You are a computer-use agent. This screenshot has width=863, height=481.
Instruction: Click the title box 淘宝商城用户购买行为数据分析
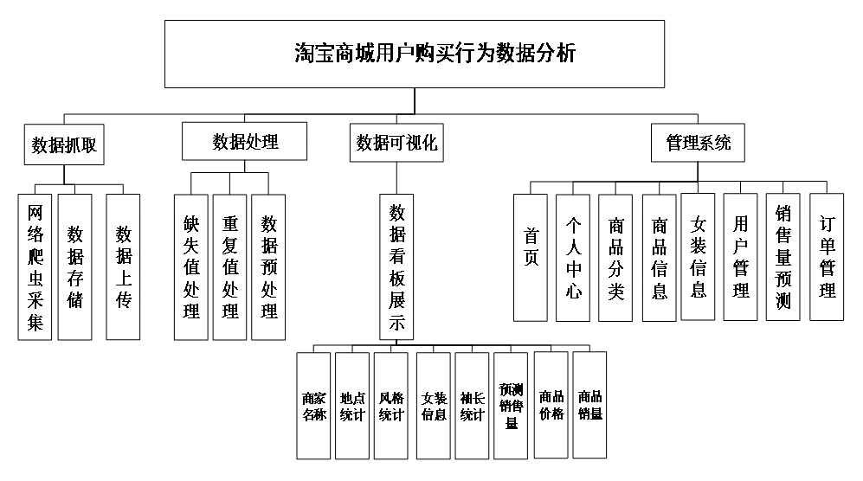coord(414,54)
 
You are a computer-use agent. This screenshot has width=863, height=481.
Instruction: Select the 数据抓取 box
coord(64,145)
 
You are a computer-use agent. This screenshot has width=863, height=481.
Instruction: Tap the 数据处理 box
coord(245,141)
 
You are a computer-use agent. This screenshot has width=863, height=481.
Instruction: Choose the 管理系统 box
coord(698,142)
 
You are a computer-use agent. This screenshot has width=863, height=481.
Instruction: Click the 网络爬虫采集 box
coord(35,266)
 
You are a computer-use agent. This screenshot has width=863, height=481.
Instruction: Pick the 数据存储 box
coord(75,266)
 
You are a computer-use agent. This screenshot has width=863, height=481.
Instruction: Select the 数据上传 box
coord(124,266)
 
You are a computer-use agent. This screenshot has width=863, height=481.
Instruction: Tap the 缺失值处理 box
coord(191,266)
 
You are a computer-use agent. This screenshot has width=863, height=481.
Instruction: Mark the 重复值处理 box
coord(230,266)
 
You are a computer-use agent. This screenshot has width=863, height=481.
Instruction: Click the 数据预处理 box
coord(269,266)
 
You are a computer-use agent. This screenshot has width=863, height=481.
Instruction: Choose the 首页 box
coord(531,257)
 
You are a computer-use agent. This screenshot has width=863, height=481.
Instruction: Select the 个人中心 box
coord(573,257)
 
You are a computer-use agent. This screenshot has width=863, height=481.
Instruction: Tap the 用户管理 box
coord(741,257)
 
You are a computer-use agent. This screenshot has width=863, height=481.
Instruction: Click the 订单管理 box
coord(827,257)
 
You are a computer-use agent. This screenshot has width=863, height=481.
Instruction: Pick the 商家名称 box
coord(314,405)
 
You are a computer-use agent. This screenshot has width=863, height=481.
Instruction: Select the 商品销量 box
coord(590,405)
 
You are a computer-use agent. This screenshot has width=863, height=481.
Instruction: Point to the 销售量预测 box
coord(783,257)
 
